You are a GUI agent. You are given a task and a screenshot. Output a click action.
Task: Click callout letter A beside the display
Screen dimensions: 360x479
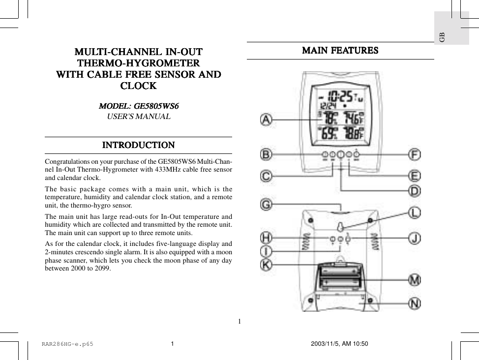tap(266, 120)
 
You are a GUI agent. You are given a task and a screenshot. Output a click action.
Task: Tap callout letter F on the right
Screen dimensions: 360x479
tap(415, 154)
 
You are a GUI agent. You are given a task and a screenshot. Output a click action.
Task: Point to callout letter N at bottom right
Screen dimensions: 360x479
tap(415, 303)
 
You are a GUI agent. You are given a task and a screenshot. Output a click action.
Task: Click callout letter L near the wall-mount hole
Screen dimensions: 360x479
tap(415, 213)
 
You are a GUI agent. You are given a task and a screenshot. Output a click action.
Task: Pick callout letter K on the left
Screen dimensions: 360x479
tap(266, 265)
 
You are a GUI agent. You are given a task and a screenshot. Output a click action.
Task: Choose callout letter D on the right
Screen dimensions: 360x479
tap(415, 190)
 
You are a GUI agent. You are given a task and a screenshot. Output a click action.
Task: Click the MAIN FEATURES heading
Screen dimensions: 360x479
tap(340, 51)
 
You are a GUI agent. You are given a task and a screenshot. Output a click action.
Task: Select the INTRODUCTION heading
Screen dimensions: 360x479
tap(138, 145)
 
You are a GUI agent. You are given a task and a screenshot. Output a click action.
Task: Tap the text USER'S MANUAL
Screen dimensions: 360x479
tap(139, 117)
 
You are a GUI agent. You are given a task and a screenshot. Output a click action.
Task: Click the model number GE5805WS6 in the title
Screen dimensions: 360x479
tap(156, 106)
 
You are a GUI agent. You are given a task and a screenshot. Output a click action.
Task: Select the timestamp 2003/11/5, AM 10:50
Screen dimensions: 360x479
tap(339, 344)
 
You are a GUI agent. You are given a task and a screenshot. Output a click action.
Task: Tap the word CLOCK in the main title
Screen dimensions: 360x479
tap(138, 86)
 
